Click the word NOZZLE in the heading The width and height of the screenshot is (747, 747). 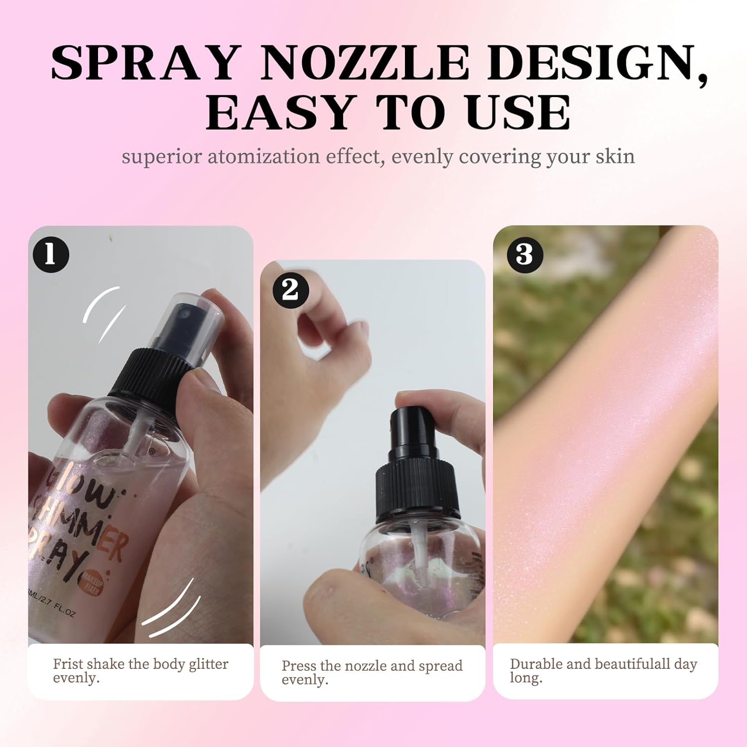(x=364, y=63)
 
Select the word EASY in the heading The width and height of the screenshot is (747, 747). (x=279, y=113)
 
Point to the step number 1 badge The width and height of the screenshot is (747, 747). (x=50, y=254)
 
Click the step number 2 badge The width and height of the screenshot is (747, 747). (x=290, y=290)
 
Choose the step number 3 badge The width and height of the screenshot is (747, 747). (x=524, y=254)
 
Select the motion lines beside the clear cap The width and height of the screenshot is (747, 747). (x=102, y=311)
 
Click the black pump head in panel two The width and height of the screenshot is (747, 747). (x=411, y=428)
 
